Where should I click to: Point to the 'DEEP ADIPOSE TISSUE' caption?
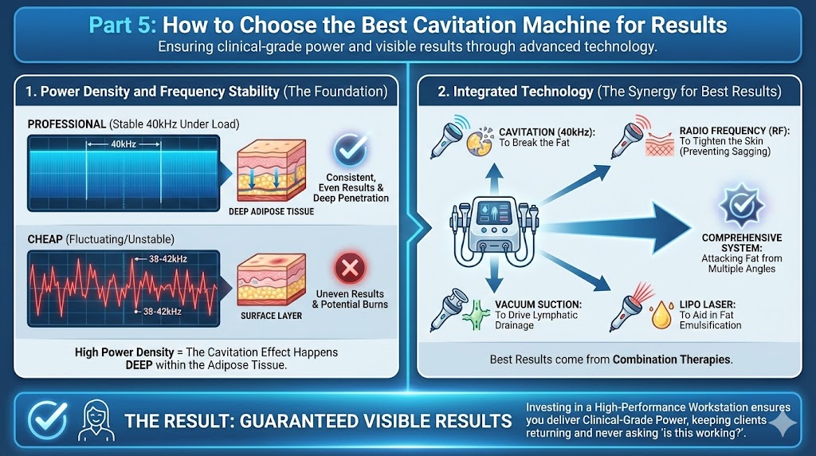(x=277, y=211)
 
